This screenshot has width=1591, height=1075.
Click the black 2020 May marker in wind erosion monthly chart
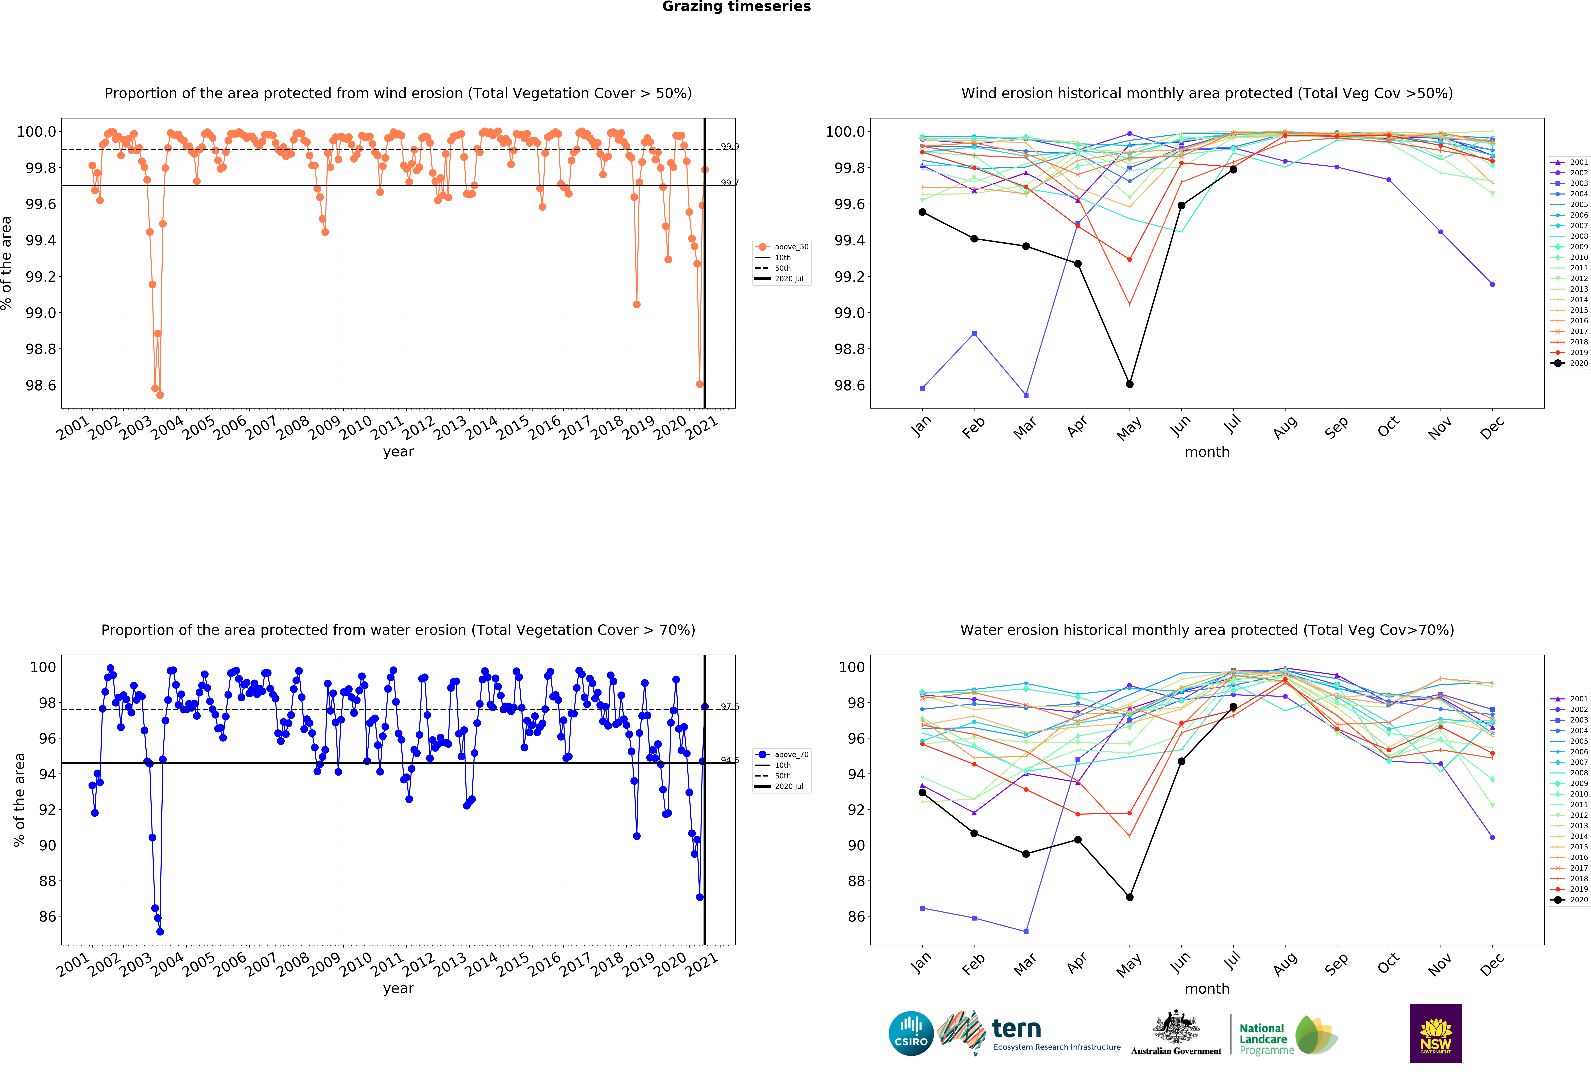1130,384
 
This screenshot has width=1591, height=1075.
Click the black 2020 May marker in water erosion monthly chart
1130,896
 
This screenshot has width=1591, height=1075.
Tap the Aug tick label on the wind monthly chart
1285,426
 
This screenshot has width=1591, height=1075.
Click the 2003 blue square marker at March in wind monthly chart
1025,395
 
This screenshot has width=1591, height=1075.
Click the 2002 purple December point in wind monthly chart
1492,284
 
